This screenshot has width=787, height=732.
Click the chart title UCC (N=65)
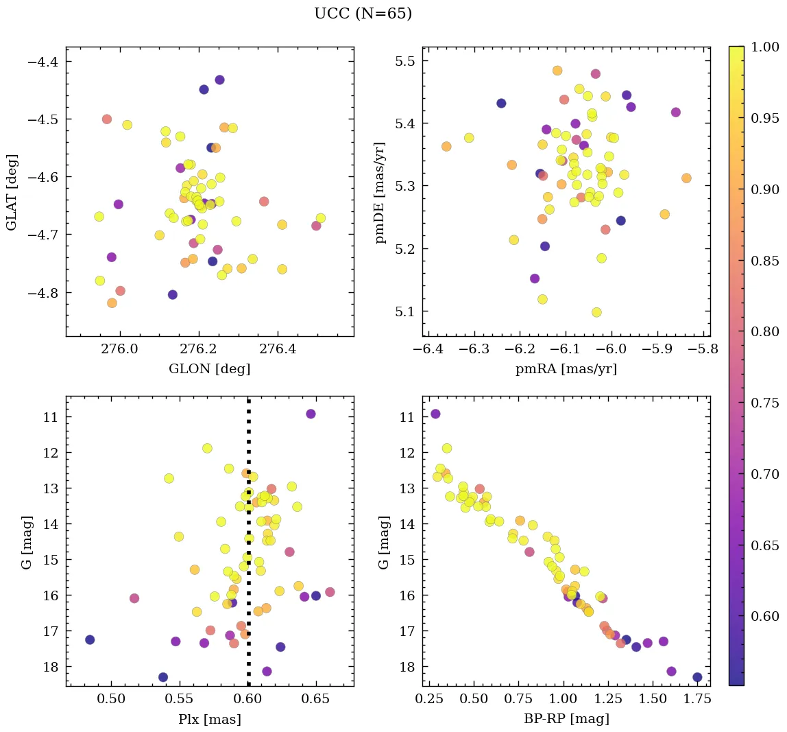click(363, 14)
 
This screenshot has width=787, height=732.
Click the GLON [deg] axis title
click(209, 369)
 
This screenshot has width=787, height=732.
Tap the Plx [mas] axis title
click(209, 719)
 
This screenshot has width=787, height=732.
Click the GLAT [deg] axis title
click(12, 192)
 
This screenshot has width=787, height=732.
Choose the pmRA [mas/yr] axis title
click(566, 369)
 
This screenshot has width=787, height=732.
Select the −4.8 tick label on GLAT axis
click(44, 292)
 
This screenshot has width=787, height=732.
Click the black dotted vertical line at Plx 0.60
click(248, 549)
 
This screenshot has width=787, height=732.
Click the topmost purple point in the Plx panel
click(311, 414)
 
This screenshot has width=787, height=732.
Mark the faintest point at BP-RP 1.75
click(697, 677)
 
